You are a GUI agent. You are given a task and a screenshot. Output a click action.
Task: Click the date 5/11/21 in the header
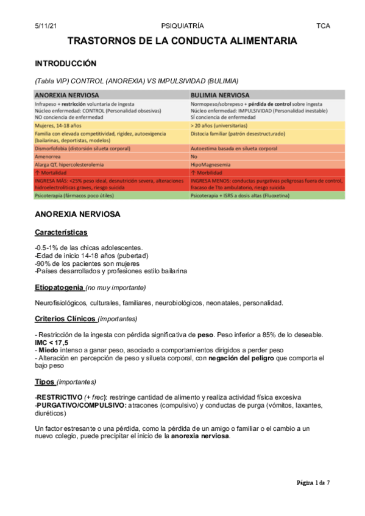click(48, 26)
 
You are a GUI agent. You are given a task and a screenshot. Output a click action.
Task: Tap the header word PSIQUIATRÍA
click(182, 26)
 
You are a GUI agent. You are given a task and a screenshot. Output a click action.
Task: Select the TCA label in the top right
click(323, 26)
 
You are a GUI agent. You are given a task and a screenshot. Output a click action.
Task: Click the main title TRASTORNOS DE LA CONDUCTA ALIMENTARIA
click(182, 41)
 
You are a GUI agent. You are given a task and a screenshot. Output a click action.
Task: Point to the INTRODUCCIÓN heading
click(66, 63)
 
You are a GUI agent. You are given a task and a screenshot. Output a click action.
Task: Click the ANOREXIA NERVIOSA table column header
click(66, 96)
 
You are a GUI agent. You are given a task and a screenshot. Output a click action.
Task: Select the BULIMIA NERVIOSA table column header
click(220, 96)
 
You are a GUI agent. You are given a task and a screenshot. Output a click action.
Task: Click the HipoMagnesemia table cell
click(211, 164)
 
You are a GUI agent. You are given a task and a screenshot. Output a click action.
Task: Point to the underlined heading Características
click(61, 232)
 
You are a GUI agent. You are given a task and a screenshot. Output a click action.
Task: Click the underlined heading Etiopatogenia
click(60, 287)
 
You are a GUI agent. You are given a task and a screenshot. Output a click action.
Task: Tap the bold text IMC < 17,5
click(52, 343)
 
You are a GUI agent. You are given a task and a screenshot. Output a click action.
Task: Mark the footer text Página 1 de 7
click(313, 483)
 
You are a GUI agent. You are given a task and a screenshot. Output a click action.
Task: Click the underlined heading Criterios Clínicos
click(65, 318)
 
